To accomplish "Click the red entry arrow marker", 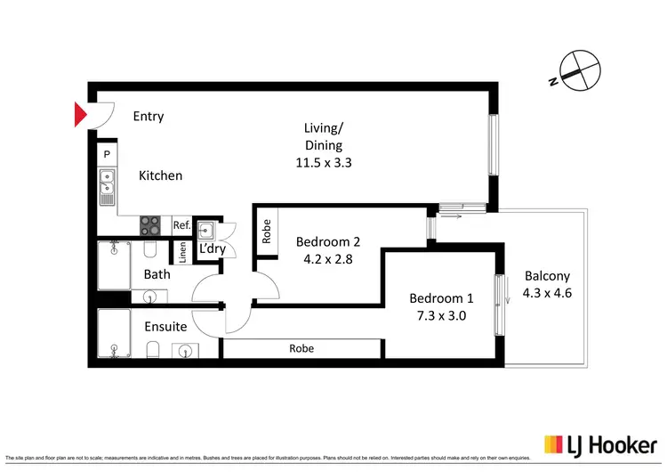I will (79, 115).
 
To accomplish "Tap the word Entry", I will (149, 116).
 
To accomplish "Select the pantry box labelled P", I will (107, 155).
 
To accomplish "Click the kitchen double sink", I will (107, 187).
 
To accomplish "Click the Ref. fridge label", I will (181, 225).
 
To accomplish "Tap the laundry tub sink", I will (206, 227).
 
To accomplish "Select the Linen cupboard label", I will (183, 253).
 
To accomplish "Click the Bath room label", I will (157, 274).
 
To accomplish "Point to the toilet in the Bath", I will (150, 248).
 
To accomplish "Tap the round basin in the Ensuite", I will (183, 350).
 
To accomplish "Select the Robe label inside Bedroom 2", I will (266, 231).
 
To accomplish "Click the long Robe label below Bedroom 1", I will (301, 349).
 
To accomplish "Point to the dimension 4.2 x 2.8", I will (327, 260).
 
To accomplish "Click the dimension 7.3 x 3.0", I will (441, 315).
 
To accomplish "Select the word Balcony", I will (547, 276).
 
